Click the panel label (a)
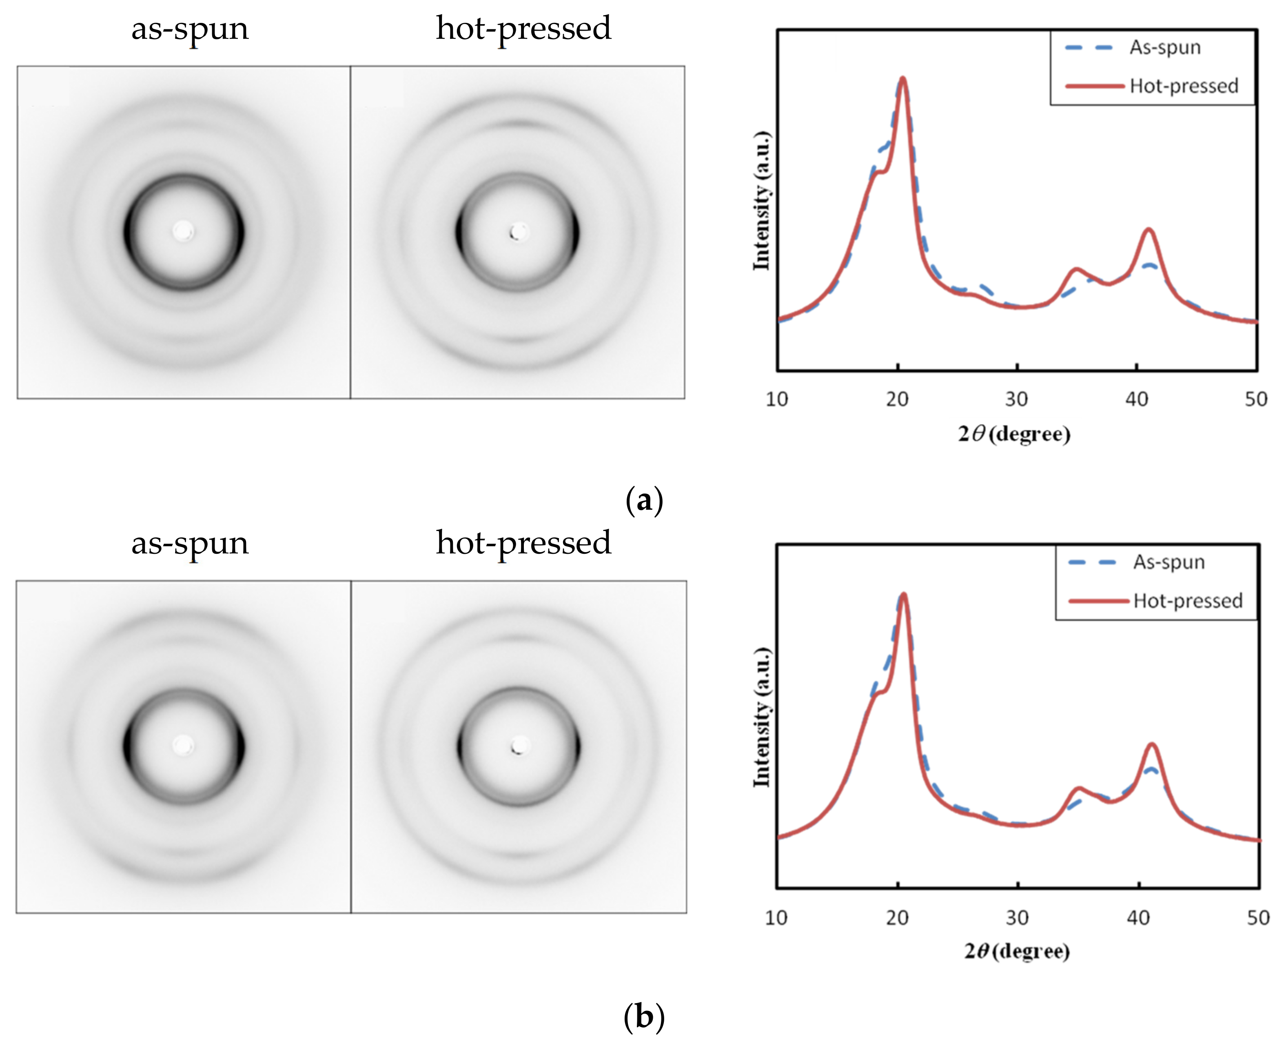[644, 500]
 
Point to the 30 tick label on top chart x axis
[1016, 399]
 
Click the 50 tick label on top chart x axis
[1256, 399]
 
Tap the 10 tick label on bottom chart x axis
[776, 917]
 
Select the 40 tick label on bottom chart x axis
[1137, 917]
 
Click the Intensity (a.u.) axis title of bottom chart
[762, 718]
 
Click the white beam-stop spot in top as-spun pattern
[183, 231]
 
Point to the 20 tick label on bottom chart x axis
[897, 917]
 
